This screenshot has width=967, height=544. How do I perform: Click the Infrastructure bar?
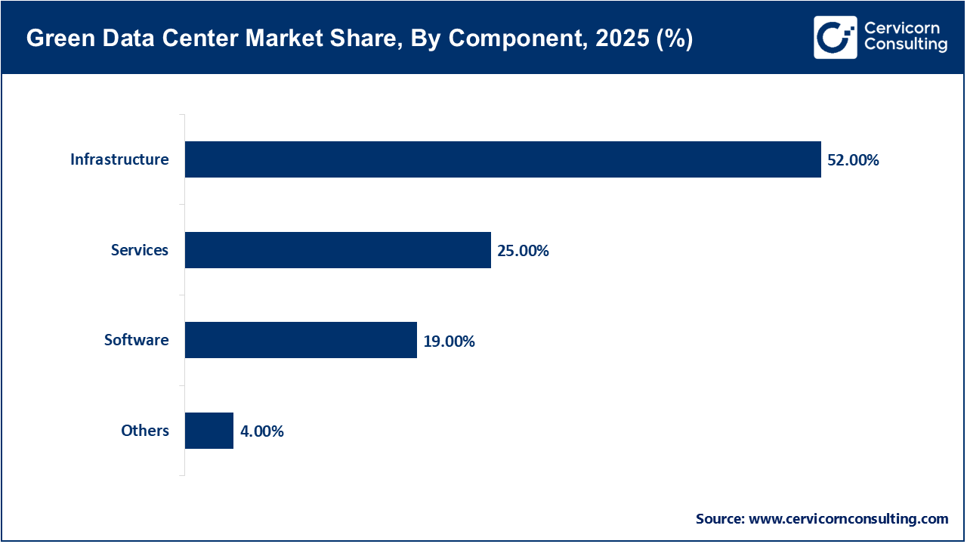click(x=502, y=159)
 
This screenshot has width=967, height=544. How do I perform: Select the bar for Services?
click(x=338, y=250)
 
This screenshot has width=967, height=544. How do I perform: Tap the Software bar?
click(x=301, y=340)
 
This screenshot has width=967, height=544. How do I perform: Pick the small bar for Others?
click(x=209, y=431)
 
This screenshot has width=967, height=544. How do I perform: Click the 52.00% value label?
click(x=853, y=160)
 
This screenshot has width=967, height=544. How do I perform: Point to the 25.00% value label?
click(x=523, y=251)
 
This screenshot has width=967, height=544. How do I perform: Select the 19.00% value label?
click(x=449, y=342)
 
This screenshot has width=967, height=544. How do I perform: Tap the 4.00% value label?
click(x=261, y=431)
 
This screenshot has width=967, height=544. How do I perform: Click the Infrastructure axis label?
click(x=119, y=159)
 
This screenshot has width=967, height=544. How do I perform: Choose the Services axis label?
click(x=140, y=250)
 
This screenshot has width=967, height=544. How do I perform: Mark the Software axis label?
click(x=136, y=340)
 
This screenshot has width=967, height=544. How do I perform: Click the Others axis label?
click(x=145, y=431)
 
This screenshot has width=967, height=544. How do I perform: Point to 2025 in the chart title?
click(x=614, y=39)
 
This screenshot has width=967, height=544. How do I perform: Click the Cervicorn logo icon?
click(x=835, y=37)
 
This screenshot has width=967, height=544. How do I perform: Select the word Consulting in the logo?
click(x=905, y=45)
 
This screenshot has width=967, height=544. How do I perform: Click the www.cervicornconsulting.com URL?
click(x=848, y=519)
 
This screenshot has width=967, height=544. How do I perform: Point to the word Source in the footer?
click(x=719, y=519)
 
